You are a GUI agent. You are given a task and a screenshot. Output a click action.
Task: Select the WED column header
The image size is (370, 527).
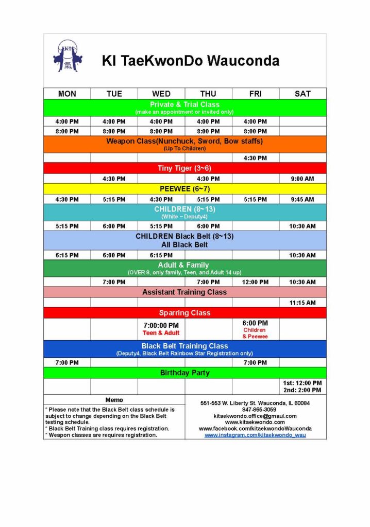(161, 94)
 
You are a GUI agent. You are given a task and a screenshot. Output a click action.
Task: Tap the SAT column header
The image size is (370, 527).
(302, 94)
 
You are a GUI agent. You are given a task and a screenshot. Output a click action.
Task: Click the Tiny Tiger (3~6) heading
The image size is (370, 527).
(184, 168)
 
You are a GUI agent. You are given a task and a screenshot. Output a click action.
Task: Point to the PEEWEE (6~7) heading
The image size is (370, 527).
(184, 189)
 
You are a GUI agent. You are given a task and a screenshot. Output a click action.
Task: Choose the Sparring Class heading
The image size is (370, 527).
(184, 313)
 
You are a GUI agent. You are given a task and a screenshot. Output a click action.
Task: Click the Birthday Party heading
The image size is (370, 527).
(184, 373)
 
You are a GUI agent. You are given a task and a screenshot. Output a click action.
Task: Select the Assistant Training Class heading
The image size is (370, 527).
(184, 292)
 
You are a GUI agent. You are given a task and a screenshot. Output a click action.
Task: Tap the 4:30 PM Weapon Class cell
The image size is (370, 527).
(255, 158)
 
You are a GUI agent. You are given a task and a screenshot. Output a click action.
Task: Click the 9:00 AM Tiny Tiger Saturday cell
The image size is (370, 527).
(302, 179)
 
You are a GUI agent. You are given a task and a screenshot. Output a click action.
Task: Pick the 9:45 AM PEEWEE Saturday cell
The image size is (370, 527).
(302, 199)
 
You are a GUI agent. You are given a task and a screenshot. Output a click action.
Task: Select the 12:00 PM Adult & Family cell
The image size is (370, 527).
(255, 282)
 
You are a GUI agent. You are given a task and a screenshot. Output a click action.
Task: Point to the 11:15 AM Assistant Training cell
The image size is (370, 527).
(302, 303)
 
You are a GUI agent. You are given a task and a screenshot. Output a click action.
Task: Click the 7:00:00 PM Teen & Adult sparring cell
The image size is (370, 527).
(161, 329)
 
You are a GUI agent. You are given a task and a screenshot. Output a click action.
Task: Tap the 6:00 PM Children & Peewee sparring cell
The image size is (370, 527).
(255, 329)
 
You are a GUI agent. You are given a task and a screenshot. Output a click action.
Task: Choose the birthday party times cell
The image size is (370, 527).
(302, 387)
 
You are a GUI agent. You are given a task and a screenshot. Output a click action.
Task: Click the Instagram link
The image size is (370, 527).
(255, 435)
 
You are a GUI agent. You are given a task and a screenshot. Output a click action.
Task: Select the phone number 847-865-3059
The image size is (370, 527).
(255, 410)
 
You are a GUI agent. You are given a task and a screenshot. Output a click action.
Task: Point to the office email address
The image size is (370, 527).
(255, 416)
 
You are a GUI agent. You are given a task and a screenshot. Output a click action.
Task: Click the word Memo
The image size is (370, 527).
(114, 400)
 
